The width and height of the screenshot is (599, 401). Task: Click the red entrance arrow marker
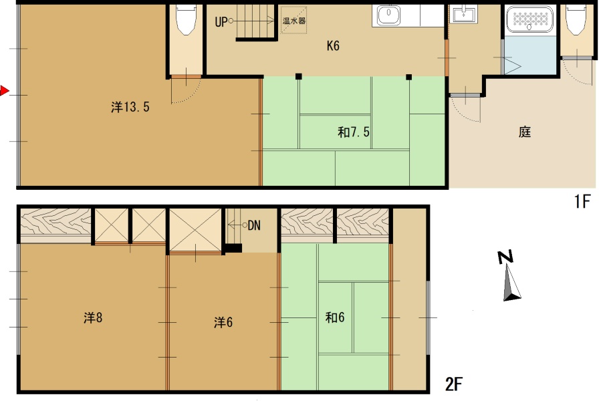click(x=4, y=91)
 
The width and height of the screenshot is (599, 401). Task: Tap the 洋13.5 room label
click(x=130, y=107)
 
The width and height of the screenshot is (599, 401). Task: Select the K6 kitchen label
click(x=333, y=46)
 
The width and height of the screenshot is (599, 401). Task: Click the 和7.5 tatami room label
click(x=354, y=132)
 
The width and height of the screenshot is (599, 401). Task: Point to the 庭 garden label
click(x=525, y=132)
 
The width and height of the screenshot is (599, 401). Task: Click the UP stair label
click(x=221, y=22)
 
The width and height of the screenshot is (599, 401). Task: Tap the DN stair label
click(x=254, y=225)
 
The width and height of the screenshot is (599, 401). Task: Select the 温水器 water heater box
click(x=293, y=20)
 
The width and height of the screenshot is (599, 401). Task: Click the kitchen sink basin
click(x=389, y=15)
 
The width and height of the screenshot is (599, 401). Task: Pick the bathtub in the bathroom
click(x=530, y=19)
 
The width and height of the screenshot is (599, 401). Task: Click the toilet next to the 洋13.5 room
click(x=186, y=20)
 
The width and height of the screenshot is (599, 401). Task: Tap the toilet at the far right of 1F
click(x=576, y=20)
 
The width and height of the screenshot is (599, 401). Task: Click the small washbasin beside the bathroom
click(x=463, y=14)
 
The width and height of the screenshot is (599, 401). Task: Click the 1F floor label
click(x=582, y=201)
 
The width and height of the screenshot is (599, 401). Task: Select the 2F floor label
click(x=454, y=384)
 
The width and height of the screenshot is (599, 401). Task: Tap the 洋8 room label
click(x=93, y=317)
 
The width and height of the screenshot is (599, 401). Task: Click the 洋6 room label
click(x=223, y=322)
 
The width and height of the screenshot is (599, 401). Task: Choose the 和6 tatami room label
click(x=335, y=317)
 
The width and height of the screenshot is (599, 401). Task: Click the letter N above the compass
click(x=505, y=257)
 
